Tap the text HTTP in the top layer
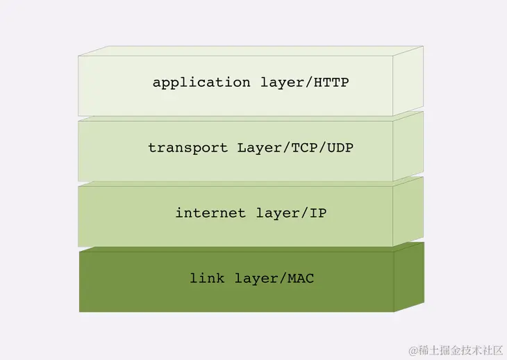coord(331,83)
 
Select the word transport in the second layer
coord(188,148)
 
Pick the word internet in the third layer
coord(210,213)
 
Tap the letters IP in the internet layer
coord(317,213)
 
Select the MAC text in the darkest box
coord(301,279)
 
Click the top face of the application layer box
coord(250,51)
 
